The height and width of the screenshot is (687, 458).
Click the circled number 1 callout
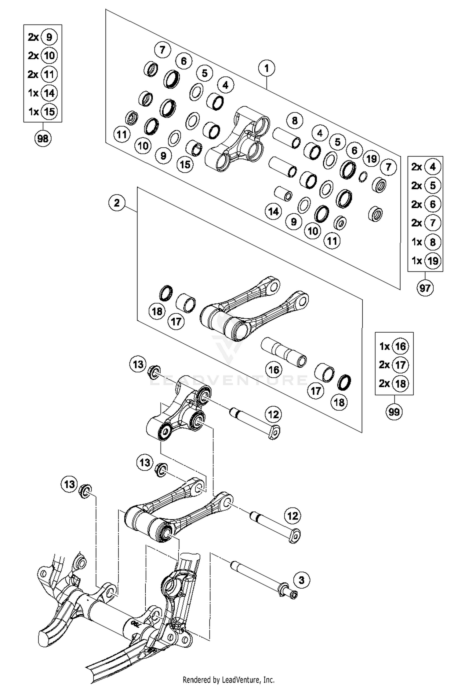point(267,68)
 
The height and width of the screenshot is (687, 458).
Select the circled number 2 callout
point(117,203)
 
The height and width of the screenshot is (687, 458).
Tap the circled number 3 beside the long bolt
point(301,580)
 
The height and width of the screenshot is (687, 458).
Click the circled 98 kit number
point(43,139)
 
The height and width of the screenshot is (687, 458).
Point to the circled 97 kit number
point(425,288)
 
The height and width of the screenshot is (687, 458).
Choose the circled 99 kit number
point(394,412)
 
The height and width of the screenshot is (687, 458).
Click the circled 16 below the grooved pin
point(274,370)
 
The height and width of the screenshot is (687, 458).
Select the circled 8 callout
point(294,120)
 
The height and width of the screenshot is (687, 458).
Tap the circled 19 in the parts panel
point(371,159)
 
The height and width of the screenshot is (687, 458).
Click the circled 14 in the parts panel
point(273,211)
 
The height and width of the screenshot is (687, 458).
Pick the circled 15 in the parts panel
point(185,164)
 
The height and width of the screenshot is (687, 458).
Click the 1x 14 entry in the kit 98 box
point(43,93)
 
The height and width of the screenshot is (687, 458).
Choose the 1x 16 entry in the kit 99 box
point(394,346)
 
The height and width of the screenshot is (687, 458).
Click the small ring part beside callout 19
point(363,176)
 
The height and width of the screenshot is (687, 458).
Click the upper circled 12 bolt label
point(273,415)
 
